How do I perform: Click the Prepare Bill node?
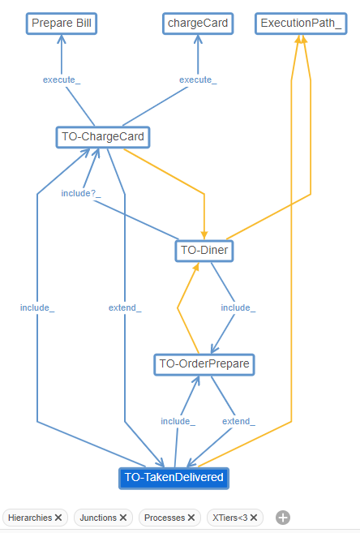(62, 23)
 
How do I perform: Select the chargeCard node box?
(198, 23)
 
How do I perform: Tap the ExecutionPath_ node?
(300, 23)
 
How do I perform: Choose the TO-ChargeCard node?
(102, 136)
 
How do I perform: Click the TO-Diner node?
(204, 251)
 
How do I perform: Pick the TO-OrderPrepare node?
(204, 364)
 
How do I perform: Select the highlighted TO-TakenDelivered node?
(174, 478)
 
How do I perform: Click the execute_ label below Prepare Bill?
(62, 80)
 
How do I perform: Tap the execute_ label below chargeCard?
(198, 80)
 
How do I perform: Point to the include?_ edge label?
(80, 194)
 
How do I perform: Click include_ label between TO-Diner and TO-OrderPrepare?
(238, 307)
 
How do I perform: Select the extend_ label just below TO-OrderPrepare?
(238, 421)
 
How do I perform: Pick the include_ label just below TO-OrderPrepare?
(178, 421)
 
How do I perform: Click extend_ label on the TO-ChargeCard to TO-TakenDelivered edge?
(125, 307)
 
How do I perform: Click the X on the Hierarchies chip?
(59, 517)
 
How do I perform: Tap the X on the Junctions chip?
(123, 517)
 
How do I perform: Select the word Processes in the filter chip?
(165, 517)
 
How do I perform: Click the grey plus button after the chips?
(282, 517)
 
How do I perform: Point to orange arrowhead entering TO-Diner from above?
(204, 234)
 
